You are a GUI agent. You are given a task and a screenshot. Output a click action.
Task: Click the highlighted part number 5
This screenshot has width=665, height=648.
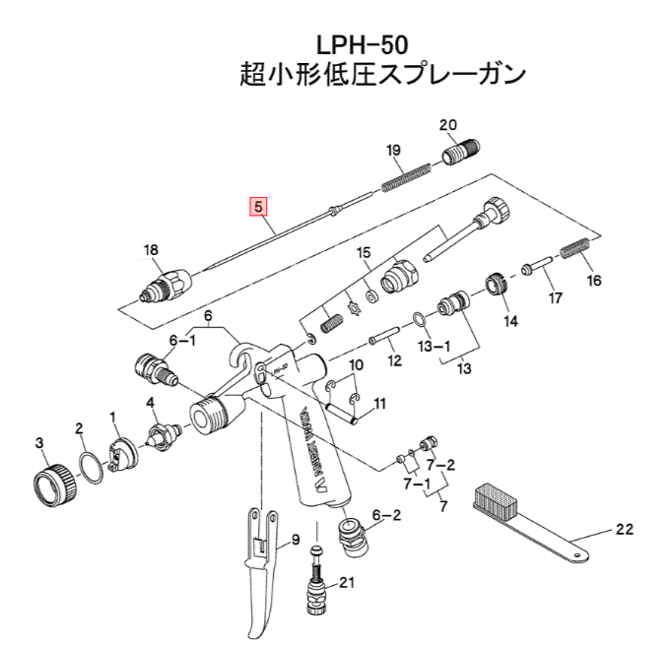(258, 207)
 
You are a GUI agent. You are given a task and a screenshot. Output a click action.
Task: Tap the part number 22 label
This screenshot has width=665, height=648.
(623, 531)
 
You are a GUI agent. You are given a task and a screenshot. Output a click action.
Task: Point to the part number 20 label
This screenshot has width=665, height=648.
(448, 125)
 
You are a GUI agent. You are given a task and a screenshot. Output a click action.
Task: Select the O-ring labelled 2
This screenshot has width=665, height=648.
(89, 466)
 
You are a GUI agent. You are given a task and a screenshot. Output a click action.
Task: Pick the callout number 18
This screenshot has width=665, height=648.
(151, 250)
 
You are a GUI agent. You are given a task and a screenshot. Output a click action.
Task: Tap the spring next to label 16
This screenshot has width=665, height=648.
(575, 250)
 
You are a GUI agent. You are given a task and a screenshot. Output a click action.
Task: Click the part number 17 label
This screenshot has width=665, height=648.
(555, 297)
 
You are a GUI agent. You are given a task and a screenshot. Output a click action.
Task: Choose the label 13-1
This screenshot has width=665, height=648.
(434, 348)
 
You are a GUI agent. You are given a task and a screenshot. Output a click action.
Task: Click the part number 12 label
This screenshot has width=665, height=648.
(394, 360)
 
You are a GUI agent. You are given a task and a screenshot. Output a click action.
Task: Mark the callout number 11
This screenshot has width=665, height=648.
(379, 403)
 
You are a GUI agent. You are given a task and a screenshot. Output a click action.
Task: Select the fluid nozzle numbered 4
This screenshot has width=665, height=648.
(160, 433)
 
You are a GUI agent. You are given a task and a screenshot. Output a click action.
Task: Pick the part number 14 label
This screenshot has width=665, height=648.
(510, 321)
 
